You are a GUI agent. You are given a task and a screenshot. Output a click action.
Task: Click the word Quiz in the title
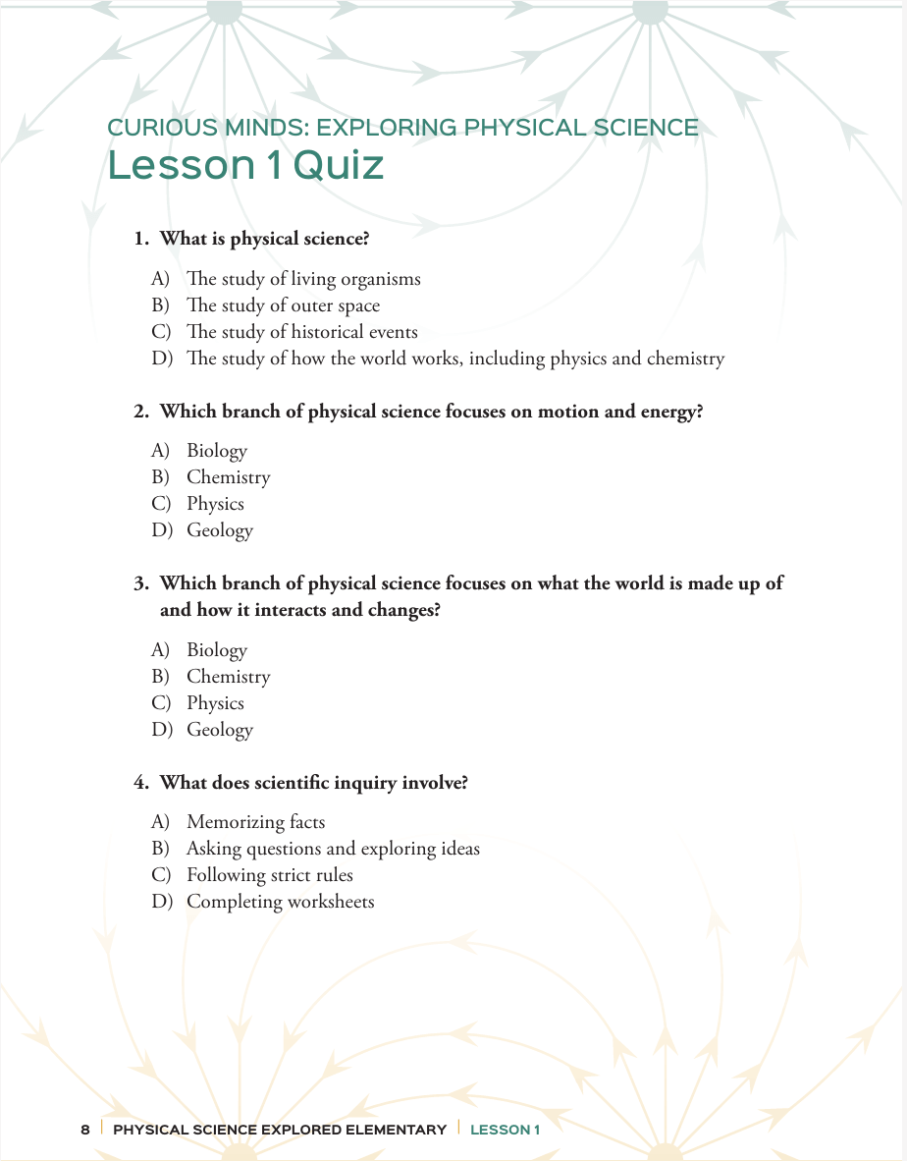(x=339, y=166)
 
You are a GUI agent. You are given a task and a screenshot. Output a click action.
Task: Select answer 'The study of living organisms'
(x=303, y=279)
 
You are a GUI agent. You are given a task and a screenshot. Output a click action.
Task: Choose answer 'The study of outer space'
(x=283, y=305)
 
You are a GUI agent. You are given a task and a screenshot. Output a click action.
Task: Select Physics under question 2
(x=215, y=504)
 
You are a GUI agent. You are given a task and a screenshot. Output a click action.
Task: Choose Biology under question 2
(x=217, y=451)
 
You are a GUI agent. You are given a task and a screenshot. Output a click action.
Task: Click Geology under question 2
(x=220, y=530)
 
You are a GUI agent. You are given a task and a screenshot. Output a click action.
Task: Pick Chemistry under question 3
(x=228, y=677)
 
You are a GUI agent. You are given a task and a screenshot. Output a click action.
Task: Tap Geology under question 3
(x=220, y=730)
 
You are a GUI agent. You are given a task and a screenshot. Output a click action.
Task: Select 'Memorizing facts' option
(x=255, y=822)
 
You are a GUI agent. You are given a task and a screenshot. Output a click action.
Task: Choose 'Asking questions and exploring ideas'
(x=333, y=849)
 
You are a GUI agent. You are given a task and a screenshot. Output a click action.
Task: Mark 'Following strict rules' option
(x=270, y=875)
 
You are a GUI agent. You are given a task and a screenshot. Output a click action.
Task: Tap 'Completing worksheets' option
(x=281, y=902)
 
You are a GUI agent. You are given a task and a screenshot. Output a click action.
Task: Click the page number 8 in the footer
(x=85, y=1130)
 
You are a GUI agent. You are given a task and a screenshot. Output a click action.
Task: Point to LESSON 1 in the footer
(x=505, y=1130)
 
